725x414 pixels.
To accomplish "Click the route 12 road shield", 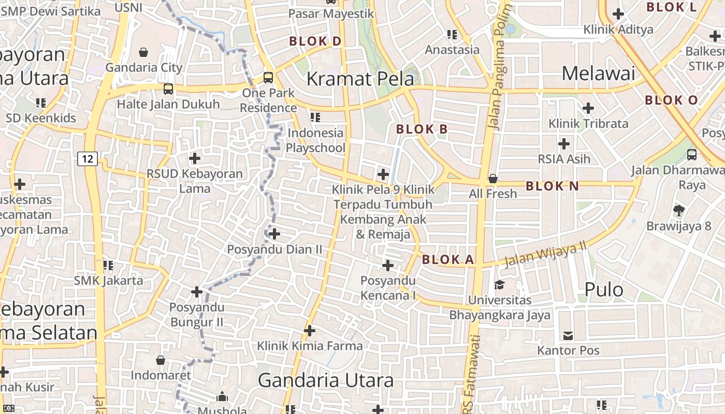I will (x=88, y=158).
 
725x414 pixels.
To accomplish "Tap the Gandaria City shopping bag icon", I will (x=143, y=52).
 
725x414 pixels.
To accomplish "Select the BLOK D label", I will (x=315, y=41).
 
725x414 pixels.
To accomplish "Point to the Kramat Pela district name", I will (x=360, y=79).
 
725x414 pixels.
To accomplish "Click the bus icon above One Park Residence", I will (x=268, y=78).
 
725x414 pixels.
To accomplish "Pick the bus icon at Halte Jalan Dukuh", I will (x=168, y=88).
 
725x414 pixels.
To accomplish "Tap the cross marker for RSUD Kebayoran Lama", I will (x=195, y=158).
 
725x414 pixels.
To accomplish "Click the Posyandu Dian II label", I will (x=274, y=249).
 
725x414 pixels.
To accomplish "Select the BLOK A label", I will (x=448, y=260).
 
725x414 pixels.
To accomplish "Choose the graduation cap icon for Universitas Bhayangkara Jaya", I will (x=499, y=285).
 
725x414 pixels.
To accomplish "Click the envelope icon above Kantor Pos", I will (x=568, y=335).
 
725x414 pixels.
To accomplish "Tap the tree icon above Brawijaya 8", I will (x=678, y=210).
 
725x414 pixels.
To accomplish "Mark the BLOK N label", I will (x=552, y=186).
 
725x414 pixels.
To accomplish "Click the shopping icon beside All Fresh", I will (x=493, y=179).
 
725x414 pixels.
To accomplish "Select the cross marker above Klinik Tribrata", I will (x=588, y=108).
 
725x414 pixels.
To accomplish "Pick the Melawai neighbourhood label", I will (x=598, y=73).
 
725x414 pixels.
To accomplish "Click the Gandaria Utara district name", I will (x=326, y=381).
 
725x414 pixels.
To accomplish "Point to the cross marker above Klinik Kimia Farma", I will (x=310, y=330).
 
